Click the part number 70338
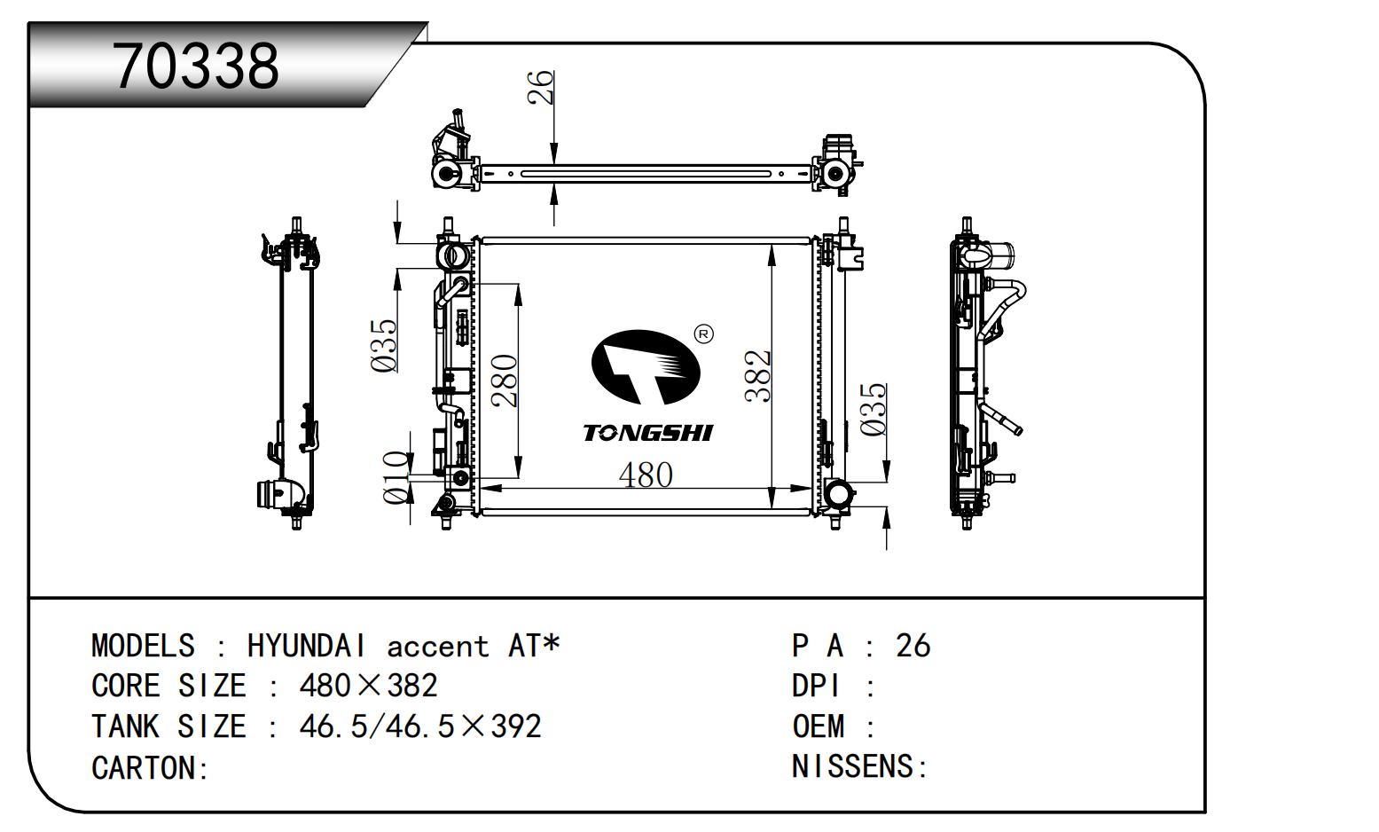(x=196, y=66)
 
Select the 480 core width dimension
(x=646, y=475)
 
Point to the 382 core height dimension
(x=758, y=376)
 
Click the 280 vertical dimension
(x=505, y=380)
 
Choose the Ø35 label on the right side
(x=874, y=409)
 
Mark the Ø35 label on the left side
(x=384, y=345)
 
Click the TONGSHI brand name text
(x=648, y=433)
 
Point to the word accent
(x=437, y=647)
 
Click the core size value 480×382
(x=369, y=686)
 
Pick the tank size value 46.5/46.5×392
(x=420, y=726)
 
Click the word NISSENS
(x=852, y=765)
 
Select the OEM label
(x=819, y=726)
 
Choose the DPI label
(x=817, y=686)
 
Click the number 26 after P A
(x=913, y=646)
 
